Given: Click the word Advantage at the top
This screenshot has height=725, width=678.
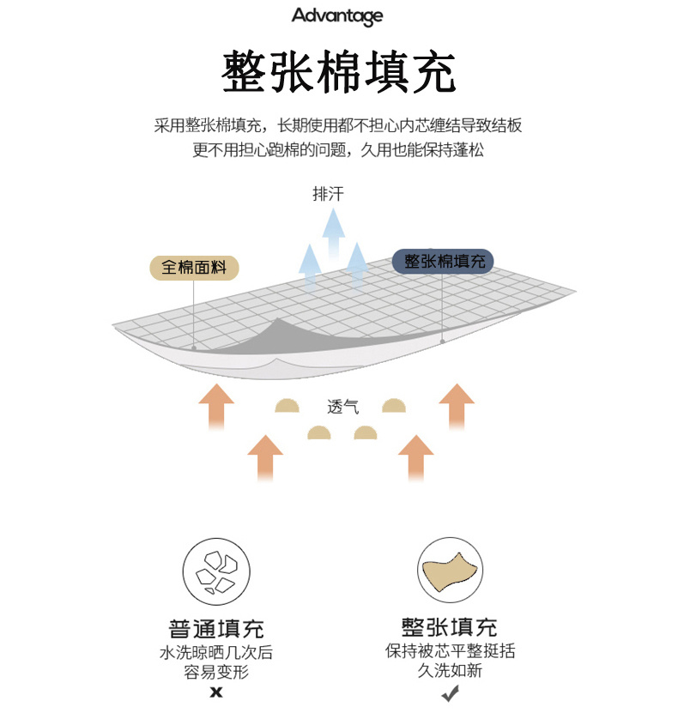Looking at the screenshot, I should (337, 16).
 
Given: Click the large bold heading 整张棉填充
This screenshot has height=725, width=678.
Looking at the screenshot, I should (339, 72).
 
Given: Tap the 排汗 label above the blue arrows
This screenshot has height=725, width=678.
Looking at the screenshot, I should (328, 194).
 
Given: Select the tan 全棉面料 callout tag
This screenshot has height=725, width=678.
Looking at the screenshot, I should (194, 267).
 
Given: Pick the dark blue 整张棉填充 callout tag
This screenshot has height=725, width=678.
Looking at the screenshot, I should (443, 261).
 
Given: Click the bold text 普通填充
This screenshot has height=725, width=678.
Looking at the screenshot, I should (215, 628).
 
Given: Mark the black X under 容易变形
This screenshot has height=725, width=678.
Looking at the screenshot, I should (215, 692).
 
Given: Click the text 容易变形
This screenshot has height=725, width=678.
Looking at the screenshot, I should (215, 672).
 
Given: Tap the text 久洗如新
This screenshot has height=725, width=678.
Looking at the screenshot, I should (450, 671).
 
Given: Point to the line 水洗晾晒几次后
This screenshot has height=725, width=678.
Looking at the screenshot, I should (215, 652).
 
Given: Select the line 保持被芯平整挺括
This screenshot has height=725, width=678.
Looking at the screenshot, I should (450, 650).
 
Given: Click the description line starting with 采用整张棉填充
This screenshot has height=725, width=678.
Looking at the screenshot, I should (338, 126).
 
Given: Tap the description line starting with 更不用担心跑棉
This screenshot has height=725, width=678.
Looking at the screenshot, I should (338, 150).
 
